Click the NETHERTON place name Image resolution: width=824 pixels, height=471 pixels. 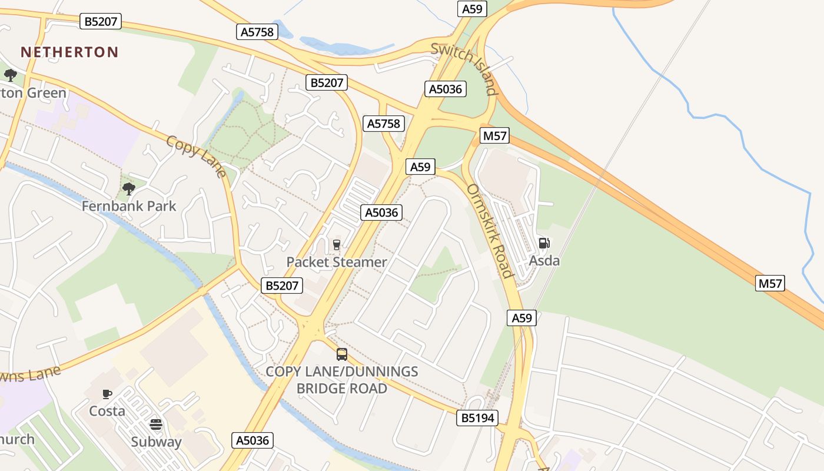69,52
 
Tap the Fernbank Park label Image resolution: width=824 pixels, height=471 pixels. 129,206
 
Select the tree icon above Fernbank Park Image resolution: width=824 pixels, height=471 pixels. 129,189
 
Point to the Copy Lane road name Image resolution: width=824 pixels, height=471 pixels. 196,156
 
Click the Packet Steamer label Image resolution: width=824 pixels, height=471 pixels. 337,262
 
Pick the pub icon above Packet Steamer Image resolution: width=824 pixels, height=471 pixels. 337,244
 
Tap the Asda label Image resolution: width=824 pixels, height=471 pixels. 544,260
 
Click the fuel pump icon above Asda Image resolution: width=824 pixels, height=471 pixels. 544,243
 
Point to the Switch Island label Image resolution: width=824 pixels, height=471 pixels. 464,68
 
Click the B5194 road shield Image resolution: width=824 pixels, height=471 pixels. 477,418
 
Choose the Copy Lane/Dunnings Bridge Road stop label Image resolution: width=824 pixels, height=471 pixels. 342,380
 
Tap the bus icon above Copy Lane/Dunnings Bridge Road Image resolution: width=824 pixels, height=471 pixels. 342,354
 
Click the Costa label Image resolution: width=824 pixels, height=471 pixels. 107,410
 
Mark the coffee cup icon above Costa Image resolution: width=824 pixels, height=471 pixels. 107,394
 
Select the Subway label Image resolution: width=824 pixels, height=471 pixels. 156,442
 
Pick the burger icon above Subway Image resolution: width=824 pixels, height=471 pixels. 156,424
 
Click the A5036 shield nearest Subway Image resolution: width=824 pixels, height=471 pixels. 253,440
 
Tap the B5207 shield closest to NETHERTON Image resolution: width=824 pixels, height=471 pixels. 101,22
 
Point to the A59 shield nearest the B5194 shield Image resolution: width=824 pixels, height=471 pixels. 521,318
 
